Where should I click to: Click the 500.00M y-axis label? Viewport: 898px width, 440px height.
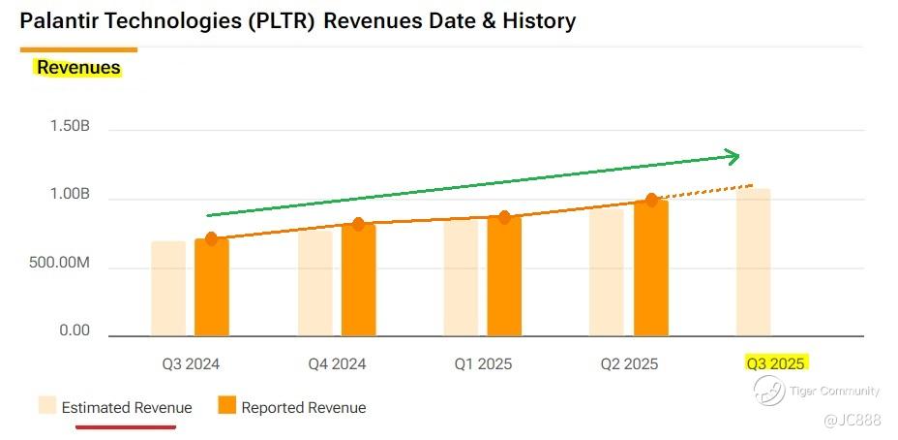[61, 264]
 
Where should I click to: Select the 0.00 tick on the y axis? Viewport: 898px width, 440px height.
[75, 330]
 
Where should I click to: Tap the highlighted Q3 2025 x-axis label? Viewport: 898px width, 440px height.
[775, 364]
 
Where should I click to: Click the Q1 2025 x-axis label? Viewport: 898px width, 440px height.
[483, 364]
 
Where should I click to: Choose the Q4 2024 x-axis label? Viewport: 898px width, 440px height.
[337, 364]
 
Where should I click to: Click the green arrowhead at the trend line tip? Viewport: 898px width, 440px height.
[733, 156]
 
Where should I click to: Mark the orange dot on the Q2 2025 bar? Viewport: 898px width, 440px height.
[651, 200]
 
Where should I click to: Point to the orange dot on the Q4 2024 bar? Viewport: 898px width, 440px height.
[358, 224]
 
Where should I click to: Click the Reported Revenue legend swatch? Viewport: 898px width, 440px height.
[226, 406]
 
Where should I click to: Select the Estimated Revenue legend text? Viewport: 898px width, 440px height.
[127, 407]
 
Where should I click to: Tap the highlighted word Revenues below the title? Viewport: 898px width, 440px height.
[78, 68]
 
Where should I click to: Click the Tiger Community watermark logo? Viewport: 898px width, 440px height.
[769, 391]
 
